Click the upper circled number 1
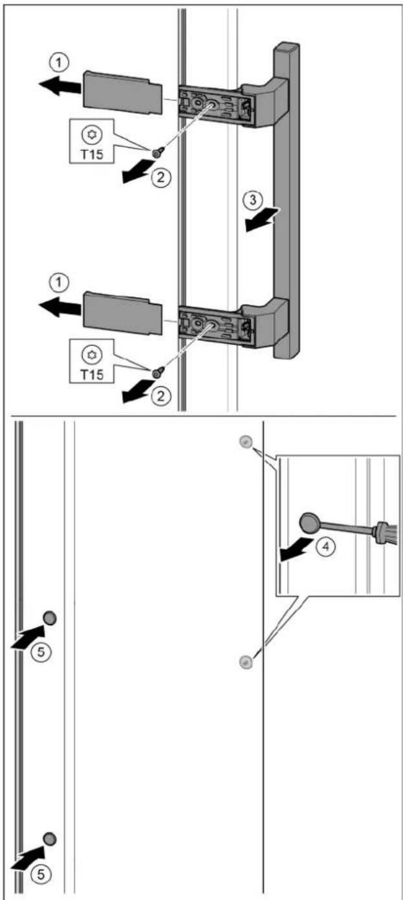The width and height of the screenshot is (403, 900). pyautogui.click(x=59, y=63)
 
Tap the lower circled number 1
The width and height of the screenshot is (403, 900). pyautogui.click(x=59, y=283)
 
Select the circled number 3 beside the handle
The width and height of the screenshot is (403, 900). pyautogui.click(x=253, y=200)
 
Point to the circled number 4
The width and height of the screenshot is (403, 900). pyautogui.click(x=326, y=546)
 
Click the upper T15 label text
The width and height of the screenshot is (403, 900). pyautogui.click(x=93, y=154)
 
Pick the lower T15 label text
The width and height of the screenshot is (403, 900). pyautogui.click(x=93, y=374)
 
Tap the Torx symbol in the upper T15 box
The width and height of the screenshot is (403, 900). pyautogui.click(x=92, y=134)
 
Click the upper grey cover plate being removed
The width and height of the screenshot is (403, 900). pyautogui.click(x=123, y=93)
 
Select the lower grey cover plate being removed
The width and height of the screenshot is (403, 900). pyautogui.click(x=123, y=313)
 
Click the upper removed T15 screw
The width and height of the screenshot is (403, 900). pyautogui.click(x=157, y=153)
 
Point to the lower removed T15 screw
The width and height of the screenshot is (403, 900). pyautogui.click(x=157, y=373)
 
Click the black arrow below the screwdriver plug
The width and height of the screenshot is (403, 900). pyautogui.click(x=297, y=550)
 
